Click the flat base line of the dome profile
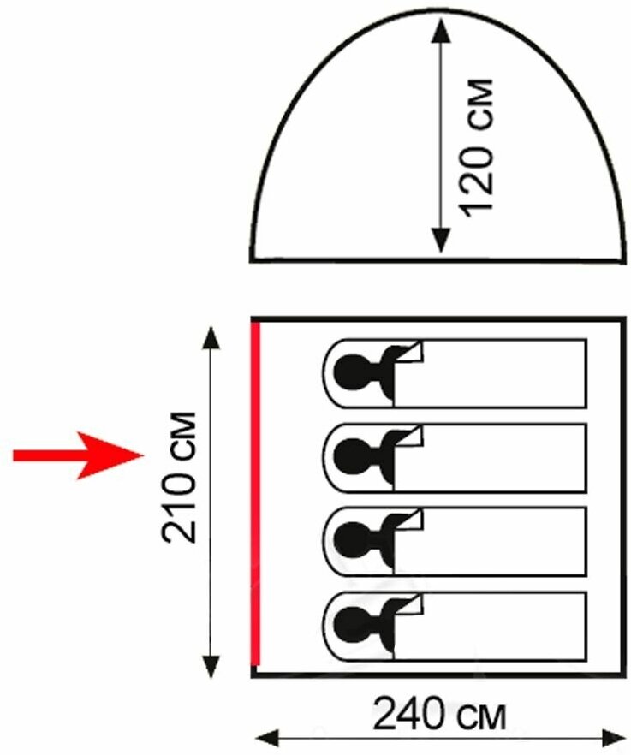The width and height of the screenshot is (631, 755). click(x=438, y=259)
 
